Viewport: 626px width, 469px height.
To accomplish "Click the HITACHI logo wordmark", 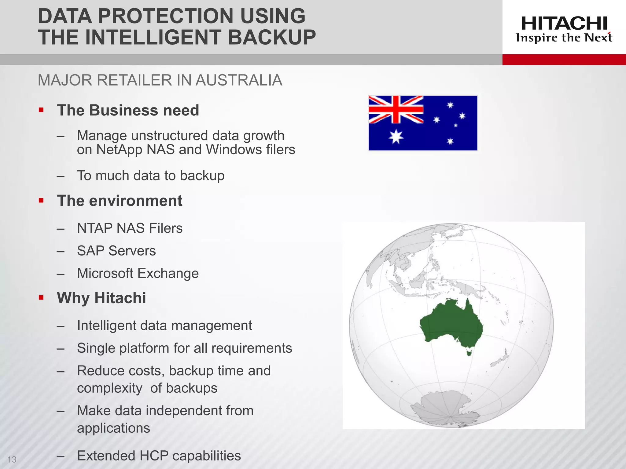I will [564, 24].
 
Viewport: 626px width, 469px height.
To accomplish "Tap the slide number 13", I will [12, 460].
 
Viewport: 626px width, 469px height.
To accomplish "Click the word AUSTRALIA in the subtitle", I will [239, 80].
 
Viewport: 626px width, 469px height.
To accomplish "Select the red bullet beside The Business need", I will [41, 110].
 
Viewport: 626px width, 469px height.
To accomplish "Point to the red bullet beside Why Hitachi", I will [41, 297].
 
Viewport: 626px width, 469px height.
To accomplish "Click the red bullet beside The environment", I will [41, 201].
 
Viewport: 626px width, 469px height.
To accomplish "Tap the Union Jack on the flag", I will [396, 109].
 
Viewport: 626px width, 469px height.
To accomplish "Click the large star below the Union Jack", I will [396, 136].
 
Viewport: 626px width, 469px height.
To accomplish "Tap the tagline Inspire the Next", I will [564, 38].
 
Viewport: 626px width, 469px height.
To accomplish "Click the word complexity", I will [109, 388].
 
